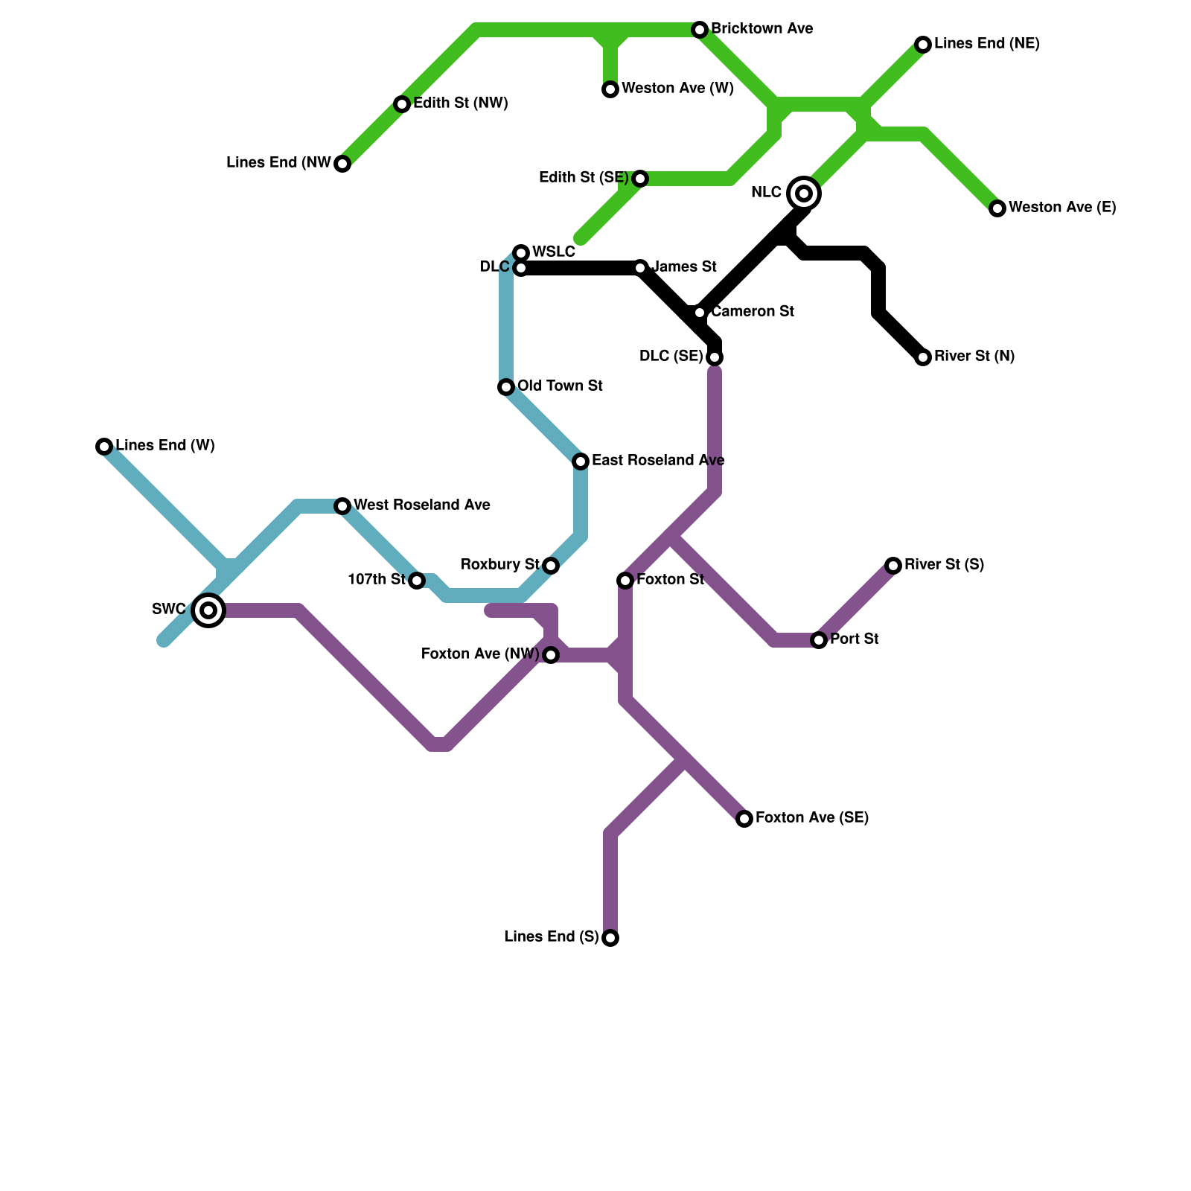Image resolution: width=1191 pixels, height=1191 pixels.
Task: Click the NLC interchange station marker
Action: click(x=804, y=194)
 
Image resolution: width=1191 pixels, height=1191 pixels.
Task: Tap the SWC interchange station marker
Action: click(x=209, y=610)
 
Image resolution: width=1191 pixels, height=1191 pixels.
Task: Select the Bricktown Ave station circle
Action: click(x=700, y=30)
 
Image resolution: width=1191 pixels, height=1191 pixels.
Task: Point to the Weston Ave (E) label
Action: click(x=1062, y=208)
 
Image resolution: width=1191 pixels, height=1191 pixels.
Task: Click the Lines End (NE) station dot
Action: click(x=923, y=45)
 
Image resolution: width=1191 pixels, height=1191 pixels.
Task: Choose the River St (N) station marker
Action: click(x=923, y=357)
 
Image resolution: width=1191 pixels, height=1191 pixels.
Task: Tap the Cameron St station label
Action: click(x=753, y=312)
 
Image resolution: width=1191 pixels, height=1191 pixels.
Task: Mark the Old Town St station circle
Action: click(x=506, y=387)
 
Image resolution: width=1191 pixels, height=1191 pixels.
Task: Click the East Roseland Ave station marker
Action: click(x=581, y=462)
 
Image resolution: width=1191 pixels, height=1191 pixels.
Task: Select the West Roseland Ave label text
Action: click(x=421, y=505)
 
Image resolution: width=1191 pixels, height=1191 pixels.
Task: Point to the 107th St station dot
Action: click(x=417, y=581)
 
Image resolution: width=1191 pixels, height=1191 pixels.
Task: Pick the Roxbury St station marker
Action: click(x=551, y=566)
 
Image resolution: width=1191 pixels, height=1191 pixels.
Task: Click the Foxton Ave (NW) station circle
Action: click(x=551, y=655)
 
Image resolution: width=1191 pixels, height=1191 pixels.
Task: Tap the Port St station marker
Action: click(x=819, y=640)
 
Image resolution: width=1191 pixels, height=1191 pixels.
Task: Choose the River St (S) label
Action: click(x=944, y=565)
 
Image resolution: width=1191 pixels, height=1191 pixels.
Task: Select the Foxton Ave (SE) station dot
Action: click(x=744, y=819)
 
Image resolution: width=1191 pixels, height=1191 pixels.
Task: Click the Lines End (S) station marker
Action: click(x=610, y=938)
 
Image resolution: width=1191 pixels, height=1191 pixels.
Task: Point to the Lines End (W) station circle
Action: click(x=104, y=447)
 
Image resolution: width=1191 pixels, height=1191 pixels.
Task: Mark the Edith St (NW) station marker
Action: click(x=402, y=104)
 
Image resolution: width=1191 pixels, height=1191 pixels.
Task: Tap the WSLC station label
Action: click(x=553, y=252)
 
